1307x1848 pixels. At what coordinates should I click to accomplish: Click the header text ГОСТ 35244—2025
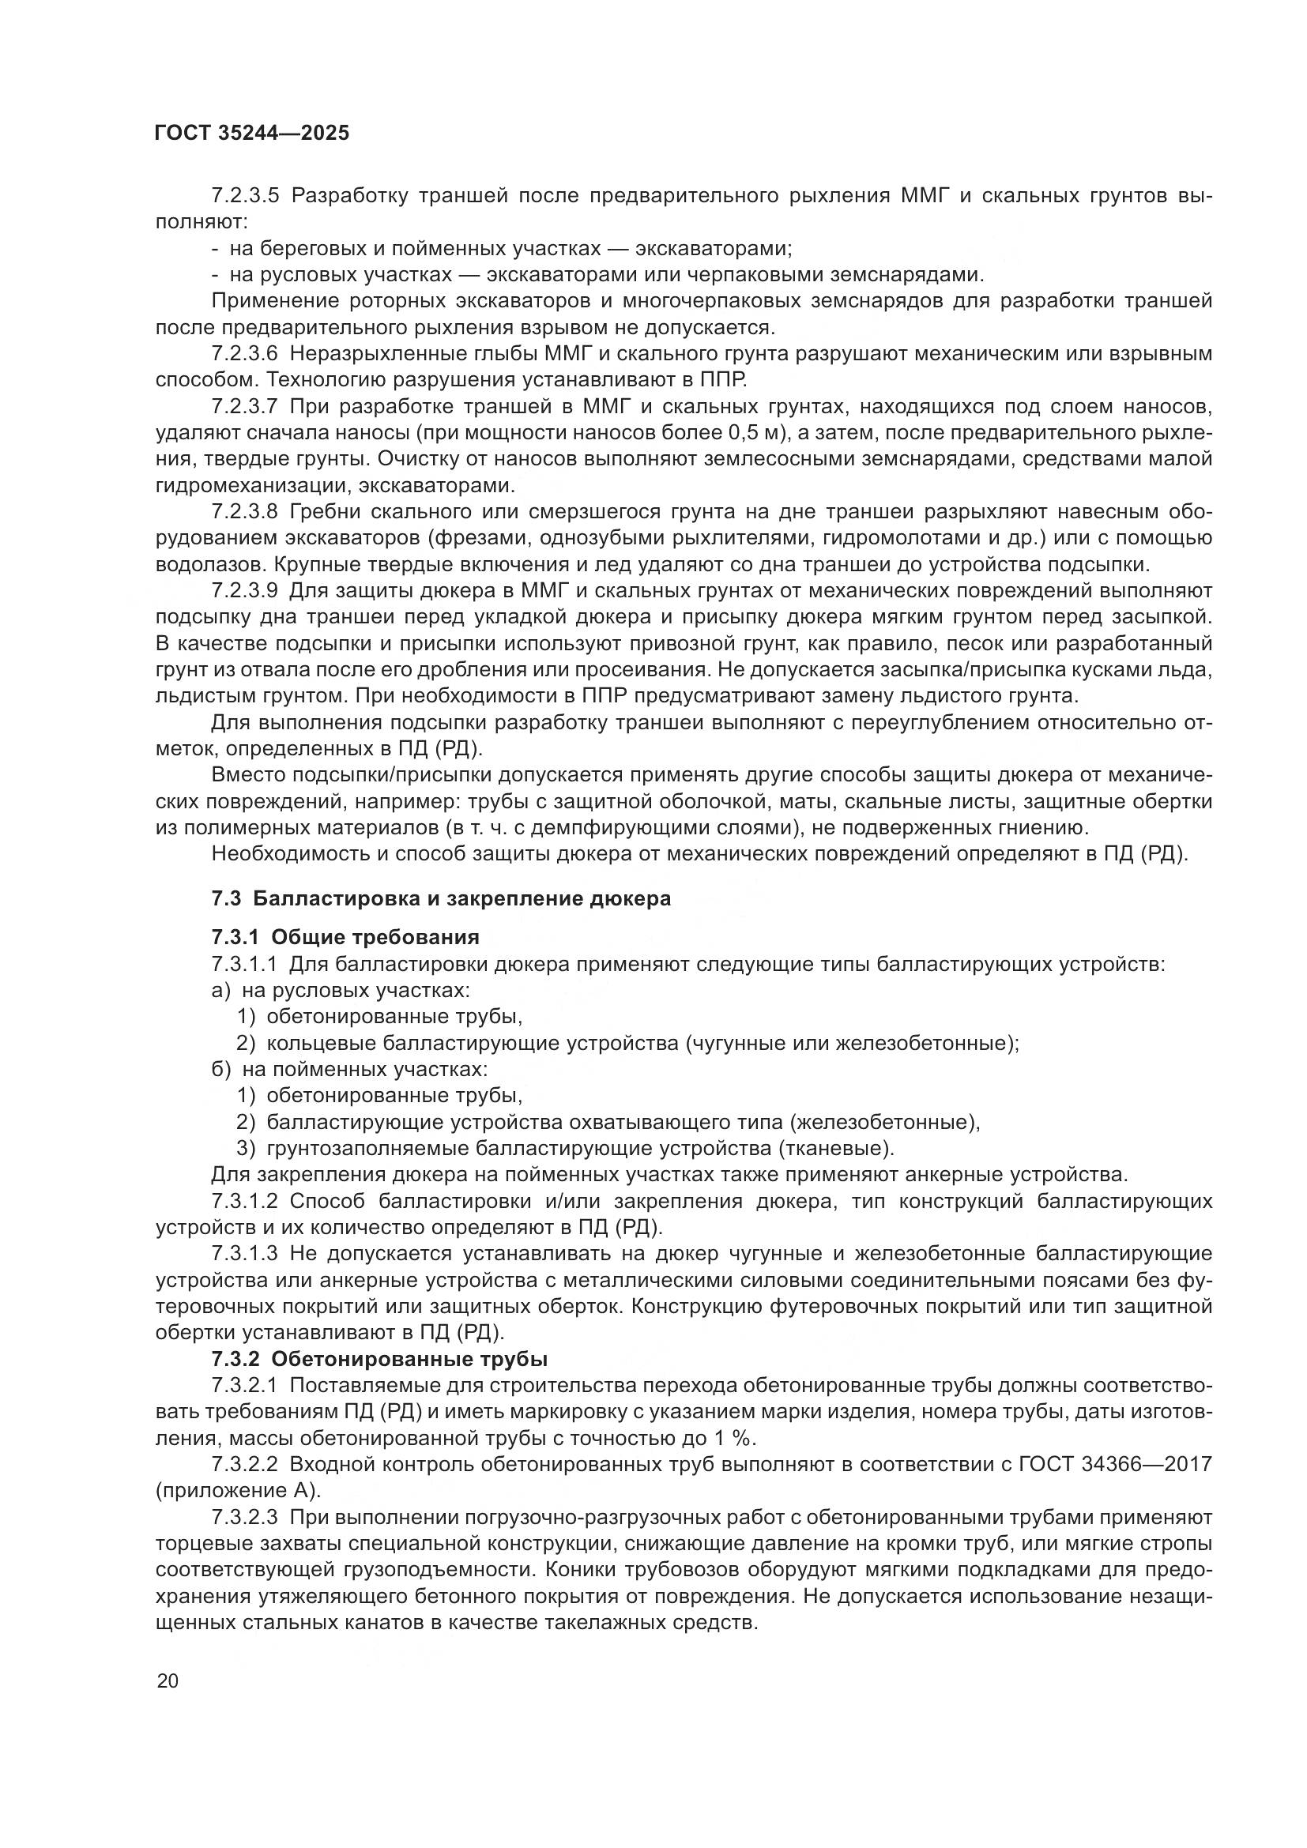[x=252, y=134]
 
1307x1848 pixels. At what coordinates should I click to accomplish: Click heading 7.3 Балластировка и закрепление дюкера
[x=441, y=898]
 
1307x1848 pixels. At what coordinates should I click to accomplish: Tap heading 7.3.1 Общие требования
[x=345, y=937]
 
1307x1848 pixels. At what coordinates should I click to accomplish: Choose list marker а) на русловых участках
[x=220, y=990]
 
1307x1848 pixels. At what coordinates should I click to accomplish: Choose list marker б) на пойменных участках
[x=220, y=1069]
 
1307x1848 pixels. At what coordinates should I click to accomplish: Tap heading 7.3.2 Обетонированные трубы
[x=379, y=1359]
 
